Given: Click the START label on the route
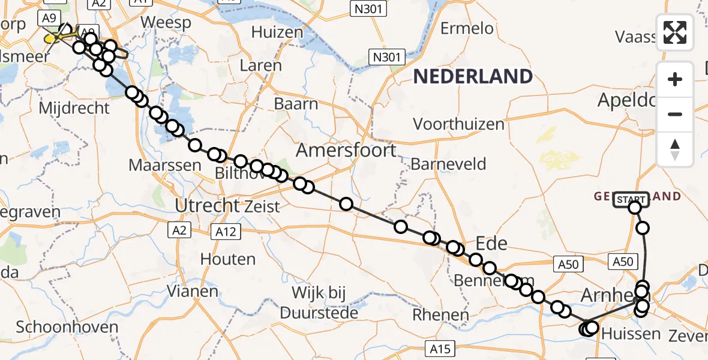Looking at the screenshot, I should point(630,200).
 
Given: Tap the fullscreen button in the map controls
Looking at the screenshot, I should point(675,32).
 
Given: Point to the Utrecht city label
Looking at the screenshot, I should point(208,206).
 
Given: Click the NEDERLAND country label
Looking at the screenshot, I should point(473,76).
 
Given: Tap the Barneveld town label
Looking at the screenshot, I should point(448,164).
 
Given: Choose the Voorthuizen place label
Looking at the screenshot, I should point(458,124).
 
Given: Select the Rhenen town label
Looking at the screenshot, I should point(440,314).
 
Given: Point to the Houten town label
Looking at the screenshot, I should point(228,259).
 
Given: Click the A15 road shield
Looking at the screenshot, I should point(440,348).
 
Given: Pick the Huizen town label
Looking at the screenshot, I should point(277,32).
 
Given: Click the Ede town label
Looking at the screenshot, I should point(491,244).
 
